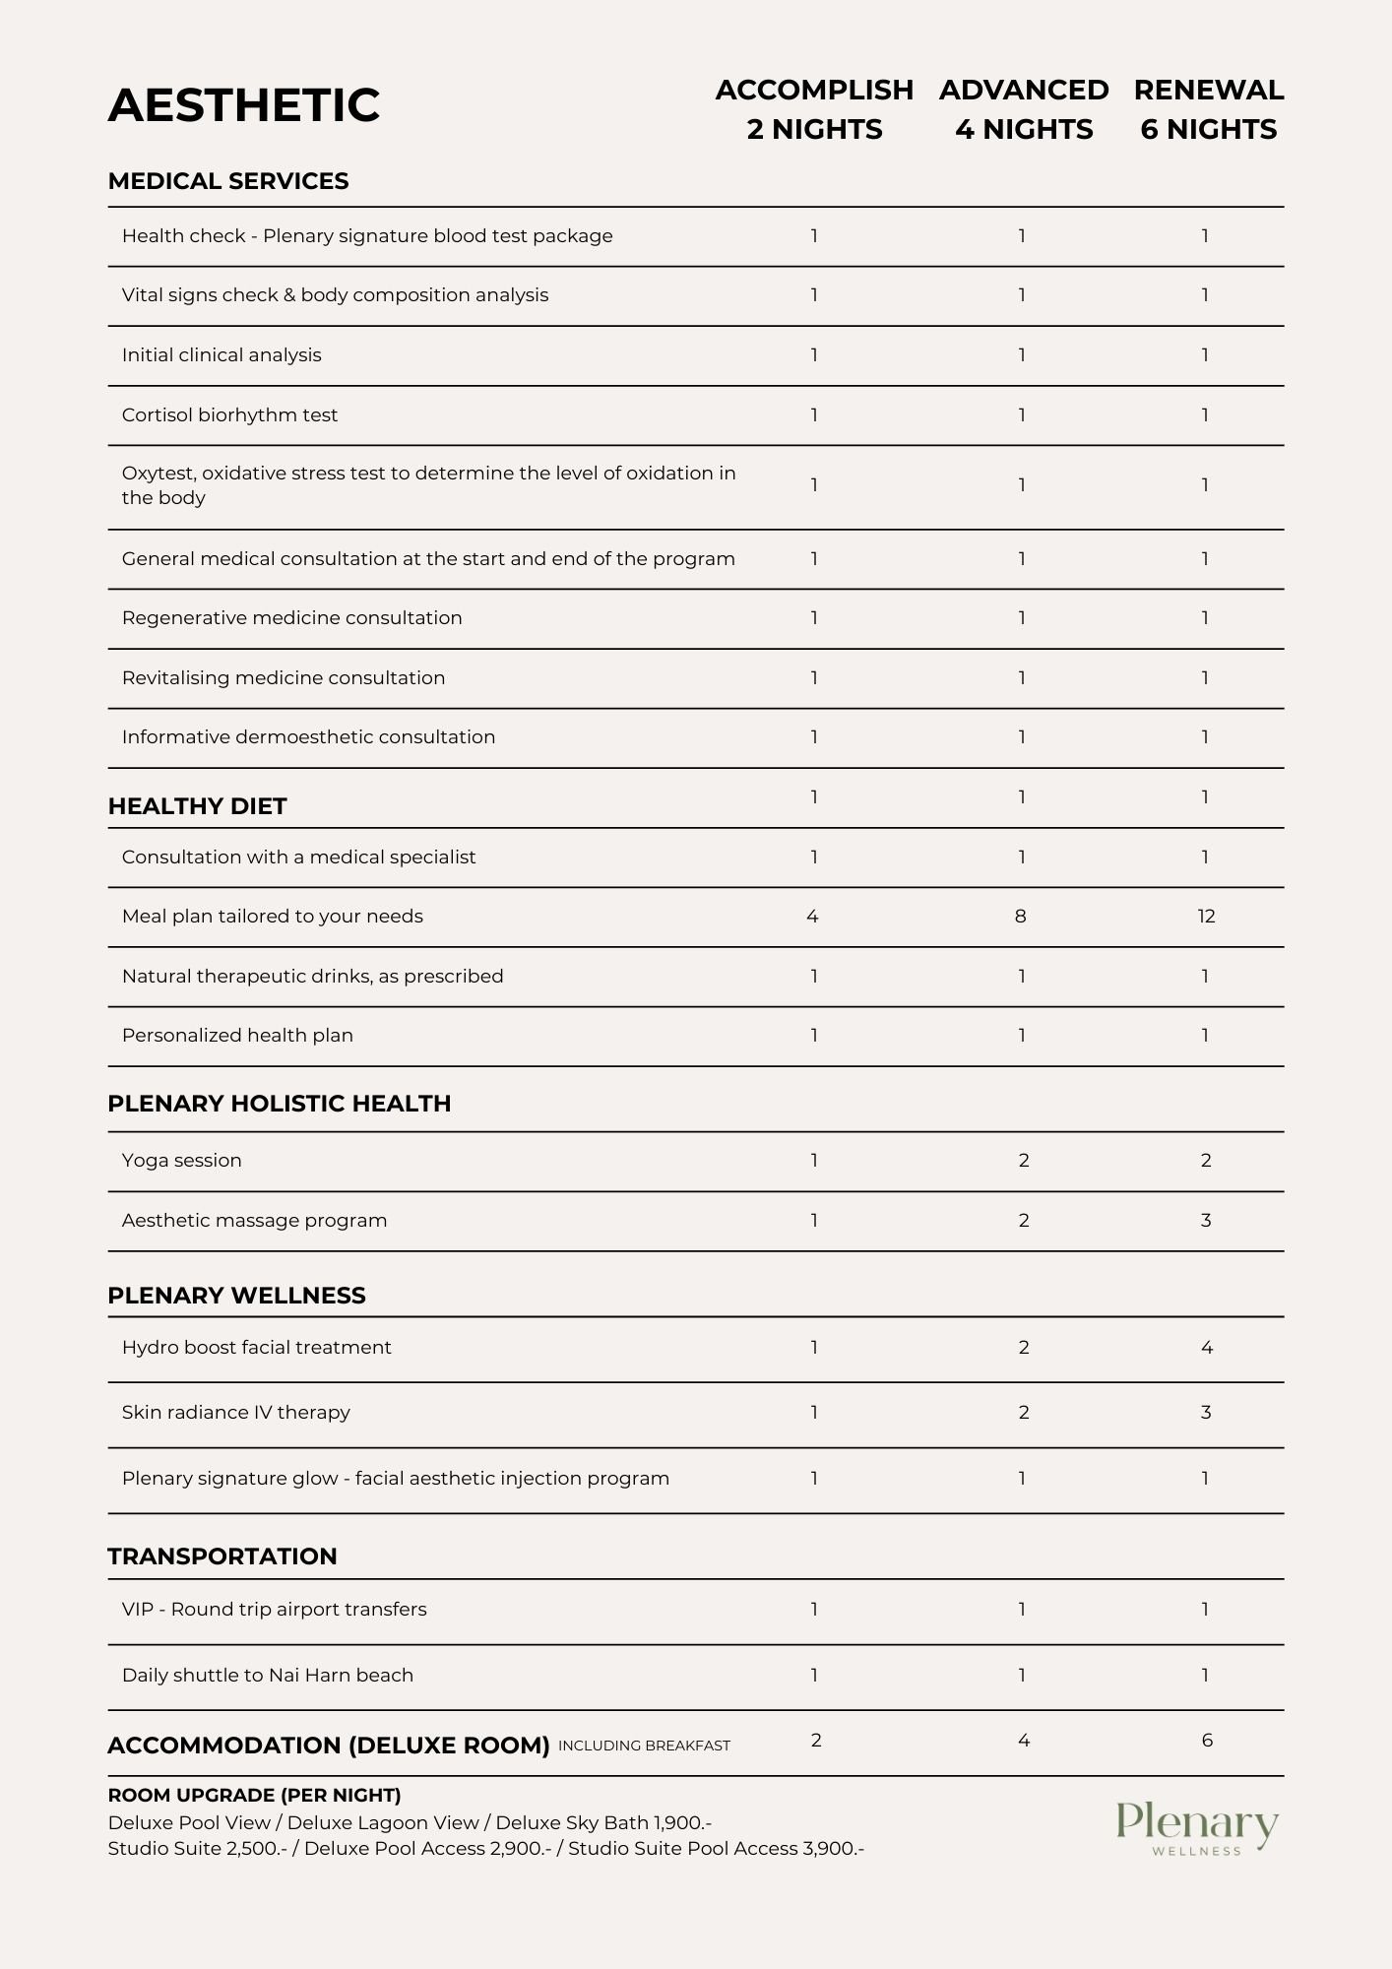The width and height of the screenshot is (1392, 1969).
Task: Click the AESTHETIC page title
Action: (243, 105)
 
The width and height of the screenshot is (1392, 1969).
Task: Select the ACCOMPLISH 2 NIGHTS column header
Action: (814, 109)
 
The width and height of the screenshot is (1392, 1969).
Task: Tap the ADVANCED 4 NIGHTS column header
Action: (1024, 109)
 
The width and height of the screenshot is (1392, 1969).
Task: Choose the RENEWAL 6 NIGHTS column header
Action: (1208, 109)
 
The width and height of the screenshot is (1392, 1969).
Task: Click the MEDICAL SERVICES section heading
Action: (228, 181)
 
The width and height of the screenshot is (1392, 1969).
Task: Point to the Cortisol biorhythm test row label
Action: (229, 415)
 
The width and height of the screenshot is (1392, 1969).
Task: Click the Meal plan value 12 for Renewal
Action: (1206, 917)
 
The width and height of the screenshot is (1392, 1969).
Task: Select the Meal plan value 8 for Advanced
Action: (1020, 917)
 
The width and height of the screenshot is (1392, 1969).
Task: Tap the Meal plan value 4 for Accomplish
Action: (812, 917)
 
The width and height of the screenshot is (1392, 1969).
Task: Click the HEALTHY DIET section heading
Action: (197, 806)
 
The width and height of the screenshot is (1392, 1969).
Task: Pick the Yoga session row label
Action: (181, 1161)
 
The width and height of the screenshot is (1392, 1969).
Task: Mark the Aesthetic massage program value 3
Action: (1206, 1221)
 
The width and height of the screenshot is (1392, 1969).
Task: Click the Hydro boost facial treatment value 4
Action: (1207, 1348)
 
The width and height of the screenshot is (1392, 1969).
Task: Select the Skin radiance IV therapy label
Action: (235, 1413)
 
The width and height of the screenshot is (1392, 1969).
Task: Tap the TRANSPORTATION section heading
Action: (221, 1556)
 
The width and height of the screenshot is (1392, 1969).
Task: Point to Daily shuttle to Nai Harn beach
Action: (267, 1676)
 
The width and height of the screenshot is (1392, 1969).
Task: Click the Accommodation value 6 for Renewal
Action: (1207, 1741)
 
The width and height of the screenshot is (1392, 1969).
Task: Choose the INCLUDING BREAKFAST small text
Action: (644, 1746)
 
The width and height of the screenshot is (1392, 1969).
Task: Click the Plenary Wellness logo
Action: (1197, 1829)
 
